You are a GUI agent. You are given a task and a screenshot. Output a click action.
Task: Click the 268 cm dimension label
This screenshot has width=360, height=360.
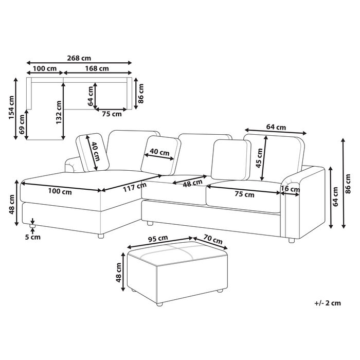(x=79, y=58)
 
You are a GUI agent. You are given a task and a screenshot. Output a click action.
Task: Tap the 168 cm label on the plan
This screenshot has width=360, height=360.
(x=97, y=68)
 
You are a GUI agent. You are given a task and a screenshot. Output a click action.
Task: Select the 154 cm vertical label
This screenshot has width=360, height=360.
(x=11, y=107)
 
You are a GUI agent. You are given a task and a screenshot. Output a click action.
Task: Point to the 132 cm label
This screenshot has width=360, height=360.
(x=59, y=113)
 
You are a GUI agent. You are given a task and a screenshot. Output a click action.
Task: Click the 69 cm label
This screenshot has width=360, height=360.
(x=22, y=124)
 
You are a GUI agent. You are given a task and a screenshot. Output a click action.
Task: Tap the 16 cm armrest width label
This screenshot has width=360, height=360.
(x=290, y=189)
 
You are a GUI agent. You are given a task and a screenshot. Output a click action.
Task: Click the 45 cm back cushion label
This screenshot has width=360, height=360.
(x=259, y=158)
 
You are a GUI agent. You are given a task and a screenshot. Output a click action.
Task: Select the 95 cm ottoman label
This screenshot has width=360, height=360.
(x=158, y=239)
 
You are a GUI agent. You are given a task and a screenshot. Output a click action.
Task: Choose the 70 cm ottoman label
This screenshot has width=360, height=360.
(x=213, y=239)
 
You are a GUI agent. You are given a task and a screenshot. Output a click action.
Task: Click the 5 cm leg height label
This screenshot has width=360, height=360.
(x=32, y=237)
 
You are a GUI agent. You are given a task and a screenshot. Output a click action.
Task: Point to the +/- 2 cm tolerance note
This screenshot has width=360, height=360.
(x=328, y=303)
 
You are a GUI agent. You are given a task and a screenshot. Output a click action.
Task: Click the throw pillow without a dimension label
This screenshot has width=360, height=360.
(x=231, y=159)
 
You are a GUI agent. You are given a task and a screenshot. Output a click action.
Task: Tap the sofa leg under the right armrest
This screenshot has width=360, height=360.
(x=292, y=240)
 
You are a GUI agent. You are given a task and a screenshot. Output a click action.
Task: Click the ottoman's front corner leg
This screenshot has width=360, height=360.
(x=159, y=304)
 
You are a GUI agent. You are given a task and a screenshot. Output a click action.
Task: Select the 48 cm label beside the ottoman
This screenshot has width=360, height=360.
(x=119, y=273)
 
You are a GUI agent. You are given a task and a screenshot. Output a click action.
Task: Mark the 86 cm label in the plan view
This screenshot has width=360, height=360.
(x=141, y=93)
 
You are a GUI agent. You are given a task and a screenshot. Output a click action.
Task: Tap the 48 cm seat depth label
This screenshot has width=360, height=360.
(x=192, y=183)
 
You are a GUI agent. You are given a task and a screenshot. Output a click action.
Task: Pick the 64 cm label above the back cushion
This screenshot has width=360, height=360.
(x=276, y=127)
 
